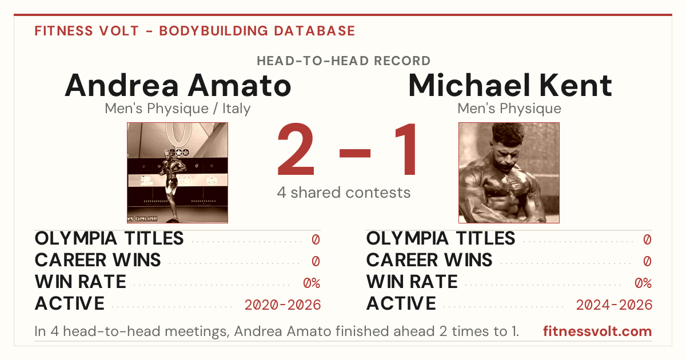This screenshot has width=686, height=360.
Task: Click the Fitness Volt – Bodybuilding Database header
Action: (195, 31)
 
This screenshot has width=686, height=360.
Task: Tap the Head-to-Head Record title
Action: (344, 61)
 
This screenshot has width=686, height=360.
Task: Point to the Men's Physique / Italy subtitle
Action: (178, 109)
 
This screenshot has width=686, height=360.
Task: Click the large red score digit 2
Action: (296, 149)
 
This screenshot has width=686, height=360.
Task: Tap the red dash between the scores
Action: (355, 153)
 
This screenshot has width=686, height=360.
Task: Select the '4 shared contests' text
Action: (344, 193)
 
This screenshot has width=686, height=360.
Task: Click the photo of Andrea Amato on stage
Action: (178, 173)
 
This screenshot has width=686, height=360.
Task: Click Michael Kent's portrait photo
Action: (509, 173)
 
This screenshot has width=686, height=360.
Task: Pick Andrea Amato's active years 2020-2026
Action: (282, 305)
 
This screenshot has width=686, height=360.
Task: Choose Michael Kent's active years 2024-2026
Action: (614, 305)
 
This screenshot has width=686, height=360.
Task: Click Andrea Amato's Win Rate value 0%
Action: (312, 283)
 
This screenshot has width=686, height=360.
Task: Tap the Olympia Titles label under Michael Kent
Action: (441, 238)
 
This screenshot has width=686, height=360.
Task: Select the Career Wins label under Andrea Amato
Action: (98, 260)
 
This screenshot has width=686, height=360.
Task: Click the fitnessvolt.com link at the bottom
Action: (597, 331)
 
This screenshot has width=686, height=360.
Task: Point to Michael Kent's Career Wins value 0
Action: (647, 262)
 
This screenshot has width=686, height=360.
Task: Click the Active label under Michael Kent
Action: (401, 303)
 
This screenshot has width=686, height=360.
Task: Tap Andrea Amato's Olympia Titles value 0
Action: (316, 239)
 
